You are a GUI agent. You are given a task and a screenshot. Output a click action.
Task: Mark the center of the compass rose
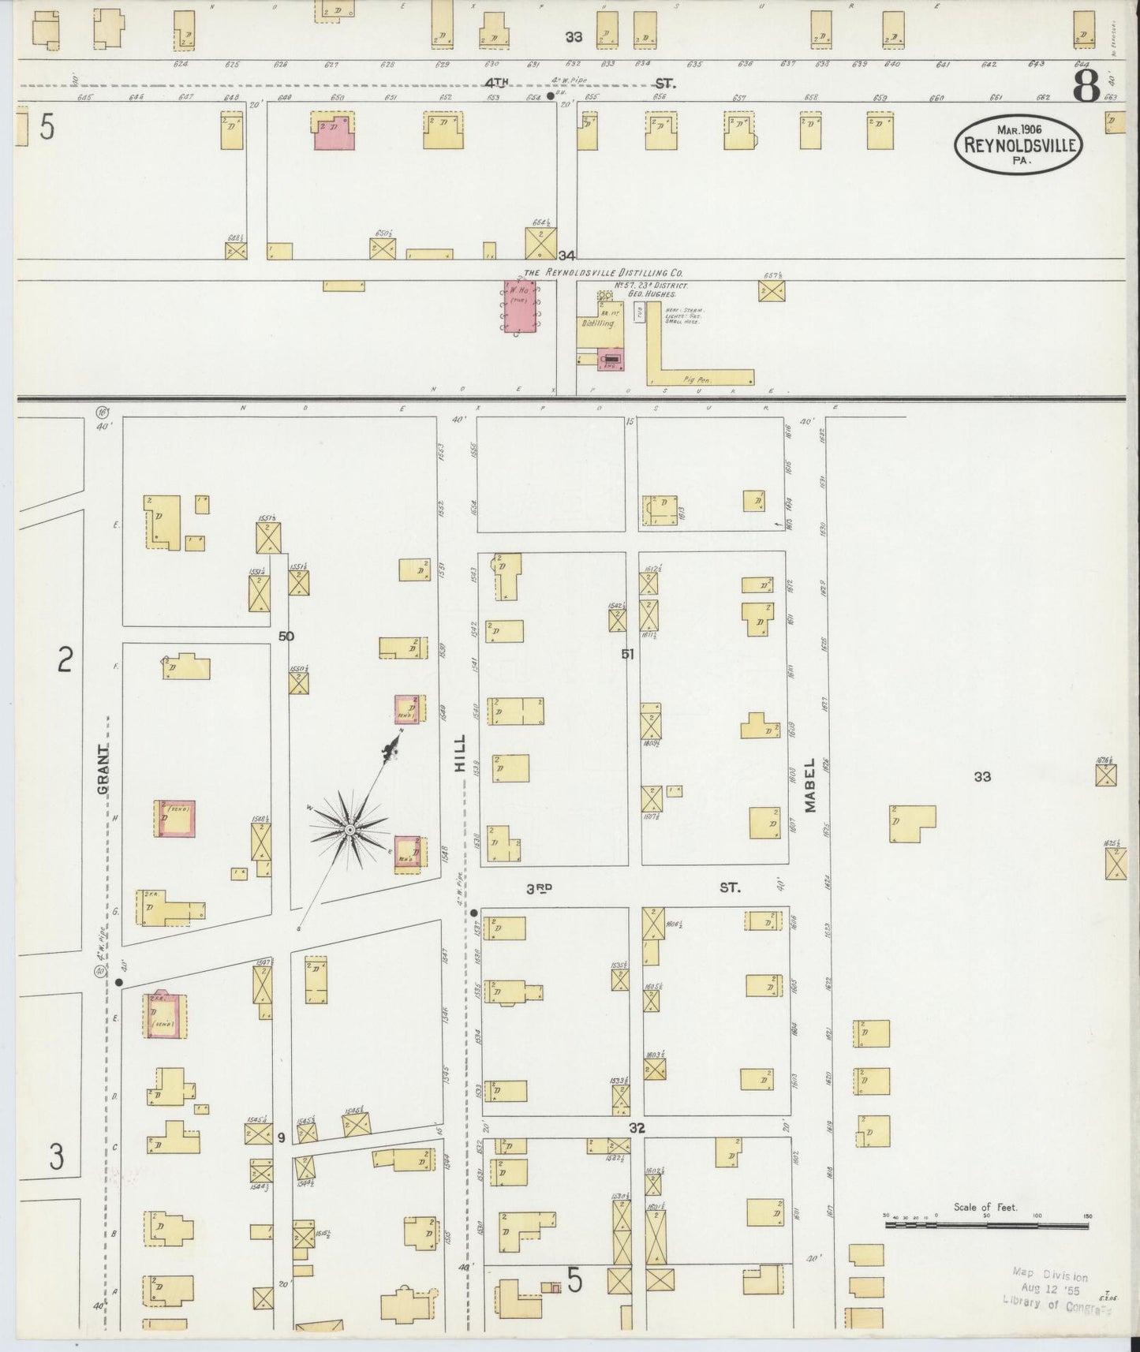point(349,830)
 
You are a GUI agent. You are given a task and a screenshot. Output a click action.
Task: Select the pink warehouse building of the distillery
point(518,305)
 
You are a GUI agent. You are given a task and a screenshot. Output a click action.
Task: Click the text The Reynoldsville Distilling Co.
point(602,272)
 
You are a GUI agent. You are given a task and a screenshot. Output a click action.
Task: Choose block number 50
point(286,635)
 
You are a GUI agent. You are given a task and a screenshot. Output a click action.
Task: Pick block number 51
point(627,653)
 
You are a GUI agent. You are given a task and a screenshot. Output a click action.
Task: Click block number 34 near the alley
point(566,256)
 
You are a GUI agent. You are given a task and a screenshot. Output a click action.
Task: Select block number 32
point(637,1129)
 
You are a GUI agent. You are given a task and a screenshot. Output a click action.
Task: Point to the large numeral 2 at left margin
point(65,659)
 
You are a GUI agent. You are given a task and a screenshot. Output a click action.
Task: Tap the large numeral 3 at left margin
point(56,1156)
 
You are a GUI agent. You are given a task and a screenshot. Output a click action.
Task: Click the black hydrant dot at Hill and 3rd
point(473,913)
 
